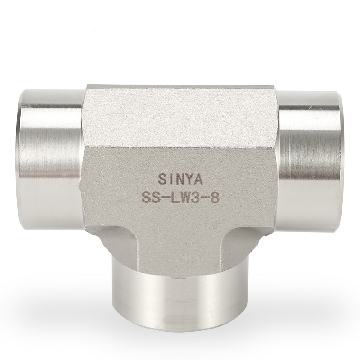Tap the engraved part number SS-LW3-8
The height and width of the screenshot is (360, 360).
(180, 198)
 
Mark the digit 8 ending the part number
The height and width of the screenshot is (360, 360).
(215, 198)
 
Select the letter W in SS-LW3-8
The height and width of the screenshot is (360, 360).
(184, 198)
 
